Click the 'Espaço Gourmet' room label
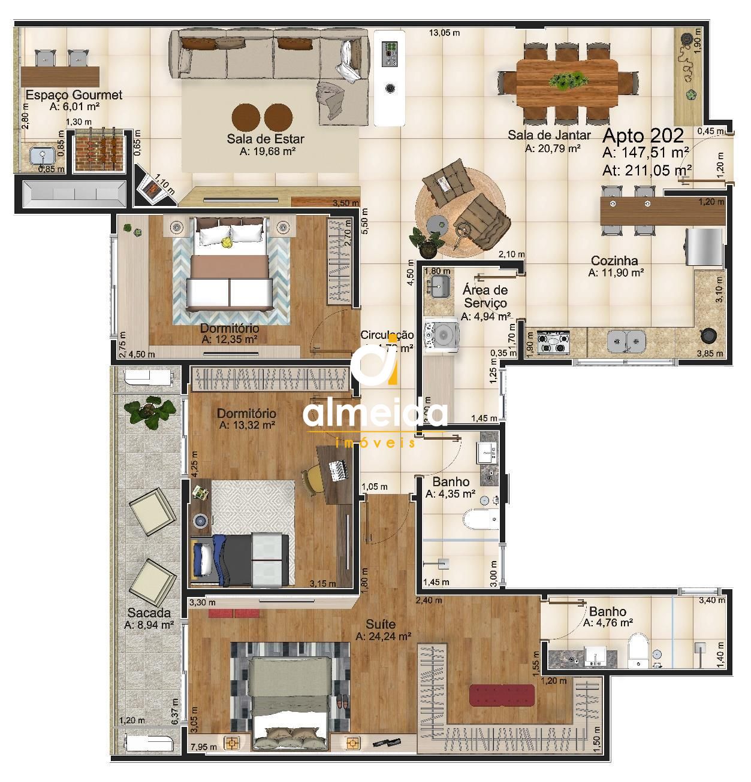click(x=74, y=95)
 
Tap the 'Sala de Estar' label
click(x=265, y=139)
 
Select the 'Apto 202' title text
click(x=643, y=135)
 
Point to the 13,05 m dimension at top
click(x=444, y=33)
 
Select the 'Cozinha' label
click(x=614, y=260)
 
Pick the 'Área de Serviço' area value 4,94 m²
click(x=485, y=317)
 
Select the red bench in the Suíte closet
click(x=502, y=695)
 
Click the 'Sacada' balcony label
click(x=149, y=613)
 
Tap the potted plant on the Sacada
click(x=147, y=412)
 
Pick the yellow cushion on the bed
click(x=227, y=242)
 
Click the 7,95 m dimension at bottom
click(x=203, y=747)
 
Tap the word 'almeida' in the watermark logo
click(x=375, y=414)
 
